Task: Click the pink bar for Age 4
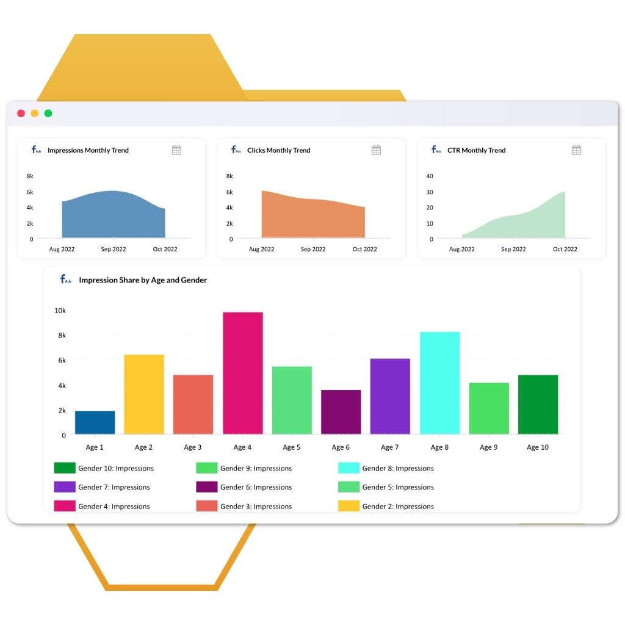[242, 373]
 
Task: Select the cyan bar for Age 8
[439, 383]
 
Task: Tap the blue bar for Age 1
[95, 422]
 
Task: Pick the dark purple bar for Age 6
[341, 412]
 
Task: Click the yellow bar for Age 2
[144, 394]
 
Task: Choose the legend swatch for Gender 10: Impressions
[64, 468]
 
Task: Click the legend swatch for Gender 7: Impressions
[64, 487]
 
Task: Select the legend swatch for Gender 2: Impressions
[349, 506]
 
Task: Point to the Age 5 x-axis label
[291, 447]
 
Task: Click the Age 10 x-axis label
[537, 447]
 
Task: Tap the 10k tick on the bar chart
[60, 311]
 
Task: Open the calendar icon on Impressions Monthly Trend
[176, 150]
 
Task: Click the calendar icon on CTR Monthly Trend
[576, 150]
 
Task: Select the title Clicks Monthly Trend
[278, 150]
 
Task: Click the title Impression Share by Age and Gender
[143, 280]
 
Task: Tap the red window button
[21, 114]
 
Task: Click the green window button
[48, 114]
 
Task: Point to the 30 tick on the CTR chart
[430, 192]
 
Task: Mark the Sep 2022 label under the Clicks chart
[313, 249]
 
